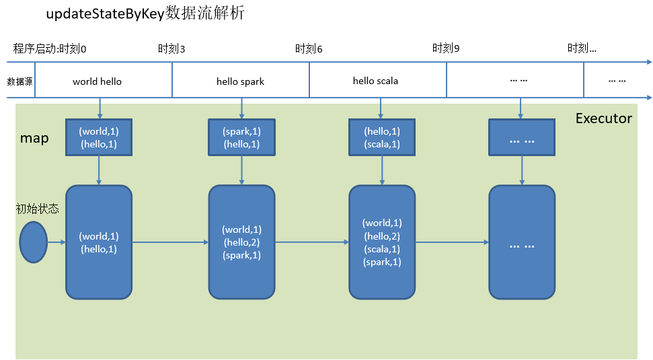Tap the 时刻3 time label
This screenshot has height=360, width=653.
pos(171,49)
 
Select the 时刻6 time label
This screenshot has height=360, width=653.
pos(309,49)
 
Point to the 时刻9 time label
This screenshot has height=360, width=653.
pos(446,49)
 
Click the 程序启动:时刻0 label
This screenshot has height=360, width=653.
pos(50,49)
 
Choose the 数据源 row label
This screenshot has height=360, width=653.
pos(20,81)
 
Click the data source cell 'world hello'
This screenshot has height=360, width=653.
pos(98,81)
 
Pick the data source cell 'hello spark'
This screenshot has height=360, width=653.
pos(240,81)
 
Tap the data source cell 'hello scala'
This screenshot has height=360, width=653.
pos(375,81)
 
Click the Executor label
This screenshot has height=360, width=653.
pos(603,118)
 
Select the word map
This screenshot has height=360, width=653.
pos(34,138)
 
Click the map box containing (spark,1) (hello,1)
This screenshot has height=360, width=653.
pos(241,137)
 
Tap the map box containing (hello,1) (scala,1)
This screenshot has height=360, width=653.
pos(381,137)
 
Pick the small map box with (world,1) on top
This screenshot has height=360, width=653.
pos(99,137)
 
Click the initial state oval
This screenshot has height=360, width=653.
pos(33,242)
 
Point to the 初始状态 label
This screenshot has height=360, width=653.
pos(37,209)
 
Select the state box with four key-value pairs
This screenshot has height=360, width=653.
pos(381,242)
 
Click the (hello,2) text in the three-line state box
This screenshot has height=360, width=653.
pos(242,242)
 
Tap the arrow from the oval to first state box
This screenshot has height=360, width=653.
pos(56,242)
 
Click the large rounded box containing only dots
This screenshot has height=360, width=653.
pos(522,242)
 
